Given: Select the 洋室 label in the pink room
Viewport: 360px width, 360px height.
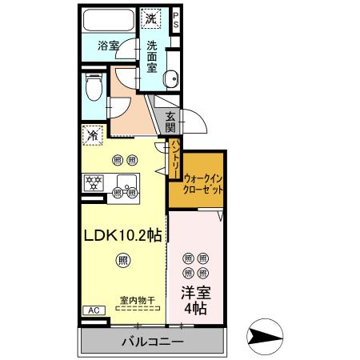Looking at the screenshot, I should coord(195,293).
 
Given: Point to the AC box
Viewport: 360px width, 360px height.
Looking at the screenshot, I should coord(92,310).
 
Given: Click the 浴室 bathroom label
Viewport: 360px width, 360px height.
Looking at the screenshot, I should coord(108,46).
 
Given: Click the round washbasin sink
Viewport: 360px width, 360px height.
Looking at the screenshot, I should coord(170,78).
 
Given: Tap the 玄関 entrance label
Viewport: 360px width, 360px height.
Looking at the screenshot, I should coord(171,122).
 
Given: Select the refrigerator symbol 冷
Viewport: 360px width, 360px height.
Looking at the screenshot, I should coord(93,136).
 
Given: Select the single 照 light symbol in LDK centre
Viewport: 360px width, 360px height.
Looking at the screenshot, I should coord(122,258).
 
